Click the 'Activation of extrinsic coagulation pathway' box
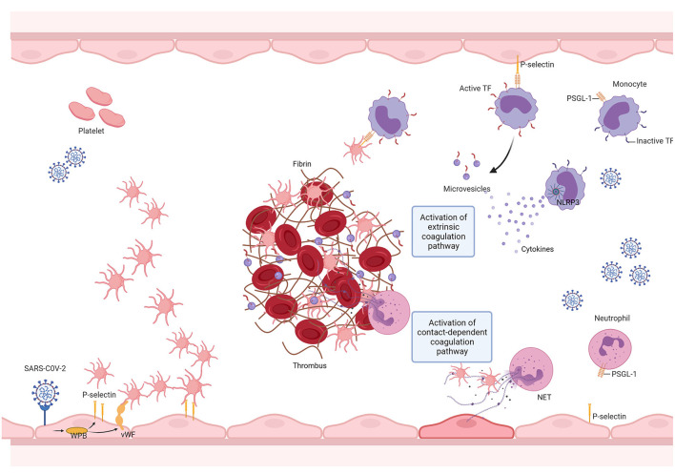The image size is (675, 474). [x=452, y=233]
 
